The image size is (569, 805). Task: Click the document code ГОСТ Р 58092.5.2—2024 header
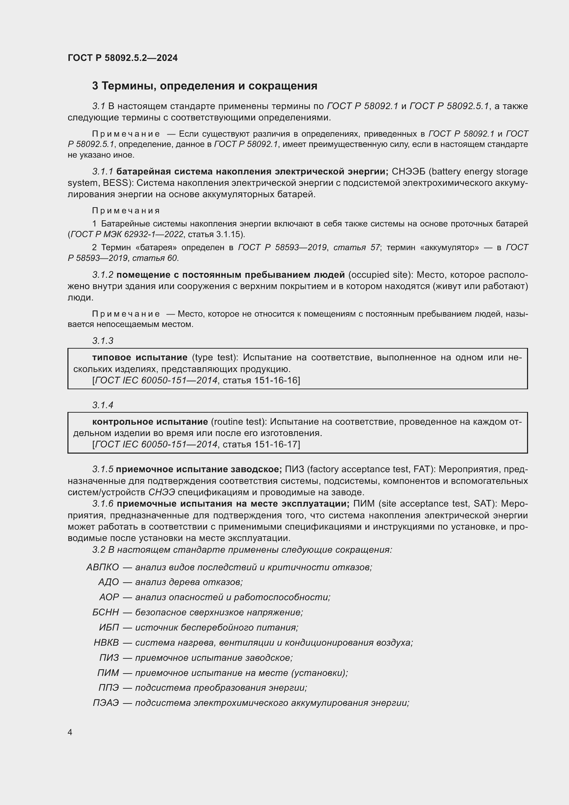(122, 58)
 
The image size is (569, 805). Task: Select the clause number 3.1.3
(103, 341)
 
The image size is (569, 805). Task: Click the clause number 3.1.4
(103, 405)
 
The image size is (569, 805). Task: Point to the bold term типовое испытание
(140, 357)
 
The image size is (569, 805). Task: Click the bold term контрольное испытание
(150, 422)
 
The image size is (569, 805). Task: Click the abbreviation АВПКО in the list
(103, 567)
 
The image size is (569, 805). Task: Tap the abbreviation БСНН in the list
(106, 612)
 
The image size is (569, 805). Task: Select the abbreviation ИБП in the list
(109, 627)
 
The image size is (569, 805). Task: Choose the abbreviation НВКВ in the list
(106, 643)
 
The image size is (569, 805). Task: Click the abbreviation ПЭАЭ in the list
(106, 703)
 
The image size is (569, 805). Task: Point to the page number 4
(70, 732)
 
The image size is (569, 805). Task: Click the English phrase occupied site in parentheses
(380, 275)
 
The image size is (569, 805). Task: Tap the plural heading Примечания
(126, 210)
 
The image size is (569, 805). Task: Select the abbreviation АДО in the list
(109, 582)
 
